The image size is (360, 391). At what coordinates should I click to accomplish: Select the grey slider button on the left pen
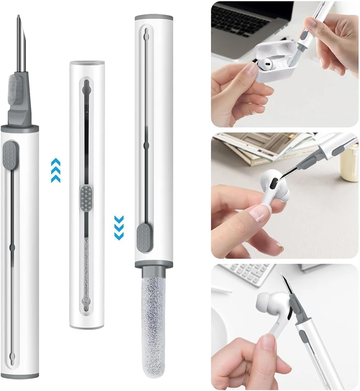point(10,153)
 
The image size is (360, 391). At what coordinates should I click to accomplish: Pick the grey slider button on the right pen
point(144,234)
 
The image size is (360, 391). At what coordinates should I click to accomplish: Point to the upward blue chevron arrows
point(55,170)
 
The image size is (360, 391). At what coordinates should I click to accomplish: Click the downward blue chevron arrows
point(119,227)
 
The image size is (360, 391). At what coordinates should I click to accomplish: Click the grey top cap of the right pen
point(154,18)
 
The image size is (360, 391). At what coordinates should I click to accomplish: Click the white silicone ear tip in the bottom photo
point(265,301)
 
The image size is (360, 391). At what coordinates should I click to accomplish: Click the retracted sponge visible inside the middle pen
point(86,270)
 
